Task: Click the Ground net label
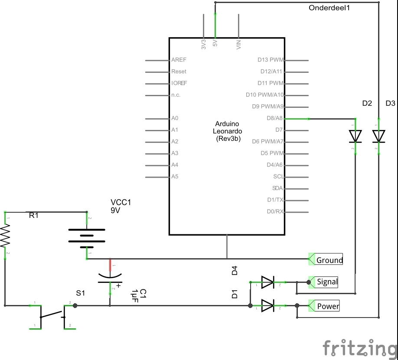pyautogui.click(x=329, y=260)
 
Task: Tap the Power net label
pyautogui.click(x=328, y=306)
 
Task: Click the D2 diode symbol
pyautogui.click(x=356, y=136)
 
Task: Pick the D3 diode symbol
pyautogui.click(x=378, y=136)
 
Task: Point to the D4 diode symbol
pyautogui.click(x=268, y=282)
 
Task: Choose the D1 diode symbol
pyautogui.click(x=268, y=306)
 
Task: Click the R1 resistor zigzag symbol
pyautogui.click(x=5, y=235)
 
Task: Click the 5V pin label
pyautogui.click(x=215, y=43)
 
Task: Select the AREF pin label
pyautogui.click(x=179, y=60)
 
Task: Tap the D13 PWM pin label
pyautogui.click(x=271, y=60)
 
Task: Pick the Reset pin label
pyautogui.click(x=179, y=72)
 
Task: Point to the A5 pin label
pyautogui.click(x=175, y=177)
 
